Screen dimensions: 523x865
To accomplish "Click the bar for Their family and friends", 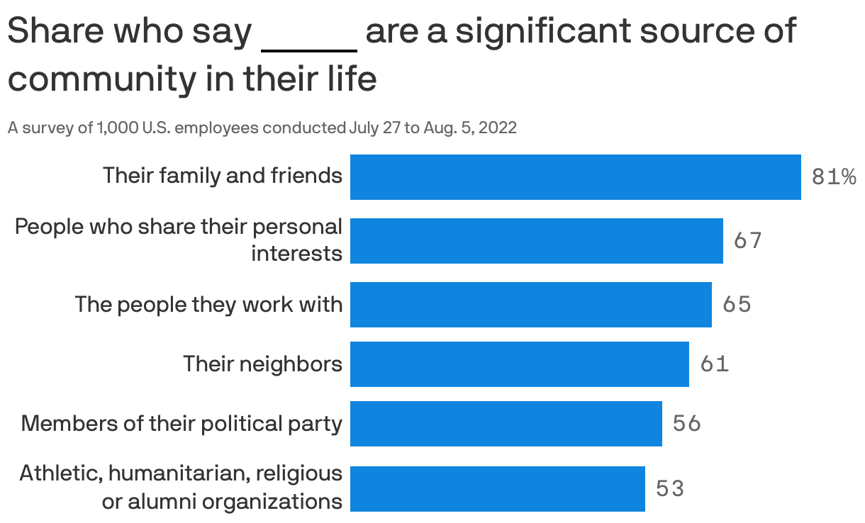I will tap(575, 177).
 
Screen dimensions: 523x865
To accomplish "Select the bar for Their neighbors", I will tap(519, 364).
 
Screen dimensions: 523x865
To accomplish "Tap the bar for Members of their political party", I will tap(506, 424).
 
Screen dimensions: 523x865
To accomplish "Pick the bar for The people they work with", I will tap(530, 305).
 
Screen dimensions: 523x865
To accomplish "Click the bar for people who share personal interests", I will tap(536, 241).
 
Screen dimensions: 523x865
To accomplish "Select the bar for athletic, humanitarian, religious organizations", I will tap(497, 488).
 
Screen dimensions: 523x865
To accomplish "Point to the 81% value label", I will tap(833, 177).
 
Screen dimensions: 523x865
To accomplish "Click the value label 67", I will tap(747, 241).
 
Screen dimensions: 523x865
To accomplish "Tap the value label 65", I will tap(736, 305).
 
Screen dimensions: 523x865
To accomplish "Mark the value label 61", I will tap(714, 364).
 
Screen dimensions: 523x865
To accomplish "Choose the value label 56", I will tap(686, 424).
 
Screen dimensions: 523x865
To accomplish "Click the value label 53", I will tap(669, 488).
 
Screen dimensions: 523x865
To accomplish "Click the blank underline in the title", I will tap(309, 50).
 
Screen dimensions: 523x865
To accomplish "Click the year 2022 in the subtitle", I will tap(498, 128).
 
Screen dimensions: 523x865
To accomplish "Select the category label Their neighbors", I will tap(262, 364).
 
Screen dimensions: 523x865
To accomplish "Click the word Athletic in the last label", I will tap(60, 473).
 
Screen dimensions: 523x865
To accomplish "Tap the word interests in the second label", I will tap(296, 254).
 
